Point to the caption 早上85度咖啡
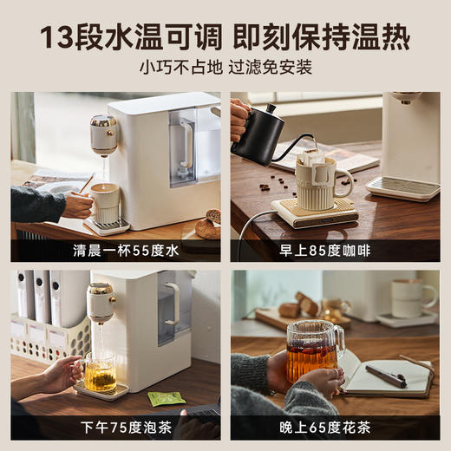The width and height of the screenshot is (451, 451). tap(334, 251)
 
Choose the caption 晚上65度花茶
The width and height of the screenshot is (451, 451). tap(334, 428)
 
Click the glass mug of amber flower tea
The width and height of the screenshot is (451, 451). tap(313, 351)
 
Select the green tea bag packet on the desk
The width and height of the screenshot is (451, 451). tap(166, 398)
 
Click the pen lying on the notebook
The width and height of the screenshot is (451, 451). tap(386, 376)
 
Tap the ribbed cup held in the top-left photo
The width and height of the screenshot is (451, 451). tap(106, 202)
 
